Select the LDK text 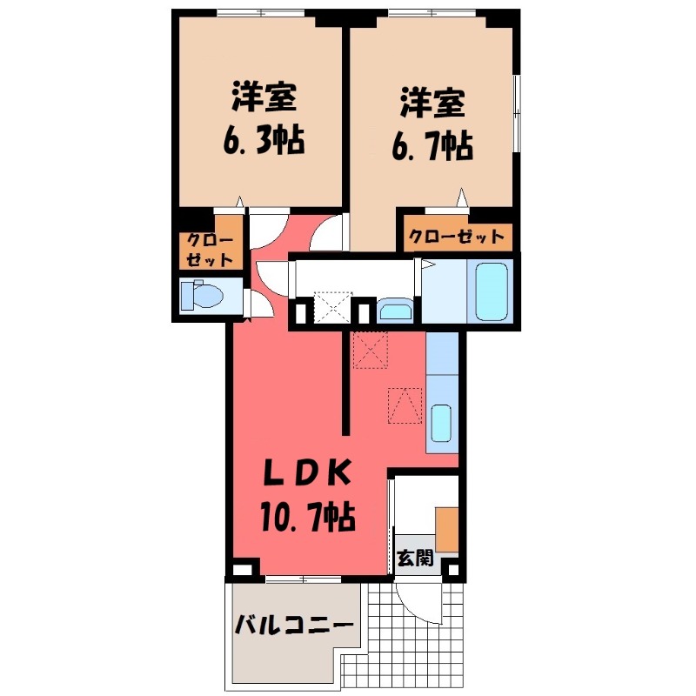click(x=308, y=475)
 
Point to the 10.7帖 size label click(x=306, y=519)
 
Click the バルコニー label click(x=294, y=625)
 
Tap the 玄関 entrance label click(x=414, y=559)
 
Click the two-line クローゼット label click(x=206, y=250)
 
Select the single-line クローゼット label click(x=456, y=237)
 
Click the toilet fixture click(x=200, y=295)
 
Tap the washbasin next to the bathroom click(x=396, y=310)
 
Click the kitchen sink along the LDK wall click(x=441, y=424)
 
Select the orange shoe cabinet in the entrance click(x=446, y=527)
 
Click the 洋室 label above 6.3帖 click(x=263, y=97)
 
